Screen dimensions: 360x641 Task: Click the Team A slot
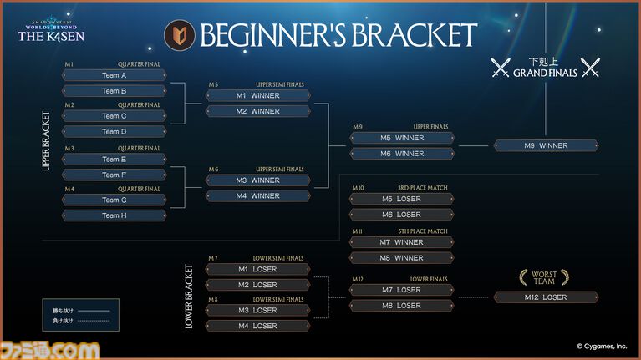pyautogui.click(x=114, y=75)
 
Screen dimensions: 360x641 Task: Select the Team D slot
pyautogui.click(x=114, y=131)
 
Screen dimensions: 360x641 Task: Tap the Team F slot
pyautogui.click(x=114, y=175)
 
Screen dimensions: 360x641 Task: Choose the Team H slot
pyautogui.click(x=114, y=215)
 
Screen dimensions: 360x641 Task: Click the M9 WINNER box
pyautogui.click(x=546, y=145)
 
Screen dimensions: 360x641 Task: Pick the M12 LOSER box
pyautogui.click(x=546, y=297)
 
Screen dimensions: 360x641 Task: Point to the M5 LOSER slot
pyautogui.click(x=401, y=199)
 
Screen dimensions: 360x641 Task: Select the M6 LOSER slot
pyautogui.click(x=401, y=215)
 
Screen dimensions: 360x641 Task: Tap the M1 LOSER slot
pyautogui.click(x=258, y=269)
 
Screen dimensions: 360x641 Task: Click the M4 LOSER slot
pyautogui.click(x=258, y=326)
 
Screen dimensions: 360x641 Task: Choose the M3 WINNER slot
pyautogui.click(x=258, y=180)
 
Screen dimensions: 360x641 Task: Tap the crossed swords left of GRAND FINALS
pyautogui.click(x=501, y=68)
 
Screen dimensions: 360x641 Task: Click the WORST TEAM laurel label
pyautogui.click(x=545, y=277)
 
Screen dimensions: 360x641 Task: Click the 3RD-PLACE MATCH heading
pyautogui.click(x=424, y=188)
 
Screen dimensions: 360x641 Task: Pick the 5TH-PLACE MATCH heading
pyautogui.click(x=424, y=231)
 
